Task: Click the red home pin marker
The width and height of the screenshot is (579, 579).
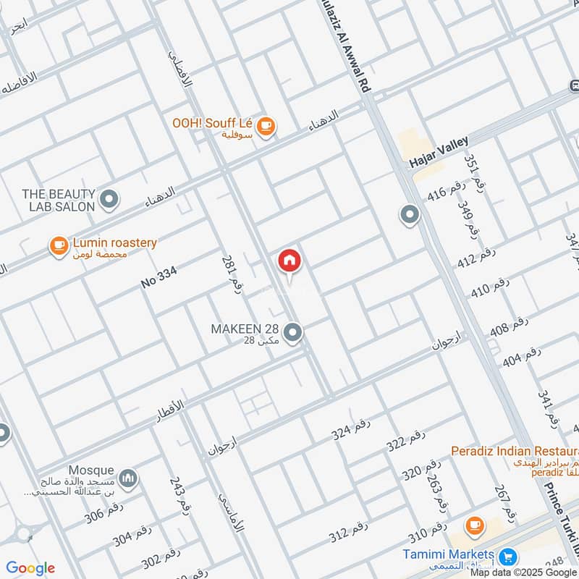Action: click(x=289, y=261)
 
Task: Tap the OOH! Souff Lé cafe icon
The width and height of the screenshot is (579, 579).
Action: click(x=266, y=126)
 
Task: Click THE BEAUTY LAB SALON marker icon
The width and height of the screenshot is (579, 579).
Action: click(x=109, y=198)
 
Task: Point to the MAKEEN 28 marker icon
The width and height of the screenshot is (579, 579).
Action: click(x=292, y=333)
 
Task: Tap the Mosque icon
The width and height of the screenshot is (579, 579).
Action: click(x=128, y=478)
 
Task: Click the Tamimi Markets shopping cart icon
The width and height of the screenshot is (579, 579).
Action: click(x=508, y=557)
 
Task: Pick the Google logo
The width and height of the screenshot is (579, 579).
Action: click(x=30, y=568)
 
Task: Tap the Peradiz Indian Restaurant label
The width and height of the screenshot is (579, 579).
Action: click(x=514, y=451)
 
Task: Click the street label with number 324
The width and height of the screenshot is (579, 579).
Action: click(x=350, y=432)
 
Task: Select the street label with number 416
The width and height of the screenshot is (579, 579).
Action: click(x=445, y=193)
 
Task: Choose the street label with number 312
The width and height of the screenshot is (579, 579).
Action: click(x=348, y=534)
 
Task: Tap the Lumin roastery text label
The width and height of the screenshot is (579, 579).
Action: click(x=114, y=243)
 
